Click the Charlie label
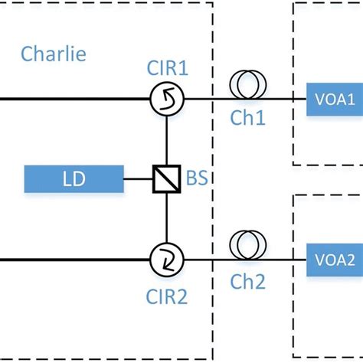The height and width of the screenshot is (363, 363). click(54, 54)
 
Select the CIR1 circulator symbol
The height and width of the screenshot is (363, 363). click(166, 99)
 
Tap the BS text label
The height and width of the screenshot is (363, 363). click(197, 181)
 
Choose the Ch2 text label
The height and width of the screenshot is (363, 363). click(247, 283)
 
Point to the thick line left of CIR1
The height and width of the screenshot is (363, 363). click(77, 99)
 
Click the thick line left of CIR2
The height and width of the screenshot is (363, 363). click(77, 260)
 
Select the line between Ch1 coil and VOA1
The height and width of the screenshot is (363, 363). click(283, 99)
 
